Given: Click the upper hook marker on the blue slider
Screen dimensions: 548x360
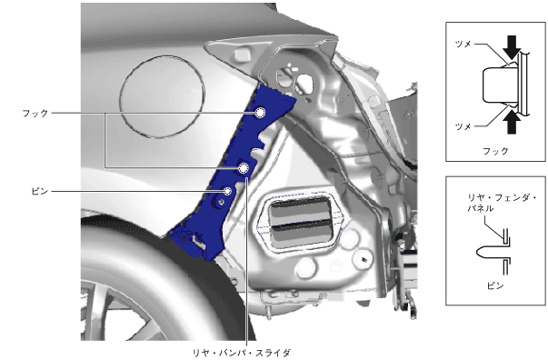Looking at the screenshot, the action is tap(260, 113).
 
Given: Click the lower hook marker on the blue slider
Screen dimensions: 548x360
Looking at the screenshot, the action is tap(243, 168).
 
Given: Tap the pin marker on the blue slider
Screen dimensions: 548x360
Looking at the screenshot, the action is tap(228, 191).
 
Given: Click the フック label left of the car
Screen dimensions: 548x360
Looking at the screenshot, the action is tap(35, 114).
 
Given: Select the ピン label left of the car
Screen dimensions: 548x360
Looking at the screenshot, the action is tap(39, 192).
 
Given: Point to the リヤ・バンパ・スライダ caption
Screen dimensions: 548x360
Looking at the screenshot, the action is tap(242, 353).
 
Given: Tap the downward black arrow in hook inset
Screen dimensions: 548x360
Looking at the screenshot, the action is tap(512, 47).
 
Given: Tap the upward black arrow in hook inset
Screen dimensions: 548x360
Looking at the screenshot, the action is tap(512, 122).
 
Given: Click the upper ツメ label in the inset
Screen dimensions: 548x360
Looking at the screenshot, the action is tap(463, 44).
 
